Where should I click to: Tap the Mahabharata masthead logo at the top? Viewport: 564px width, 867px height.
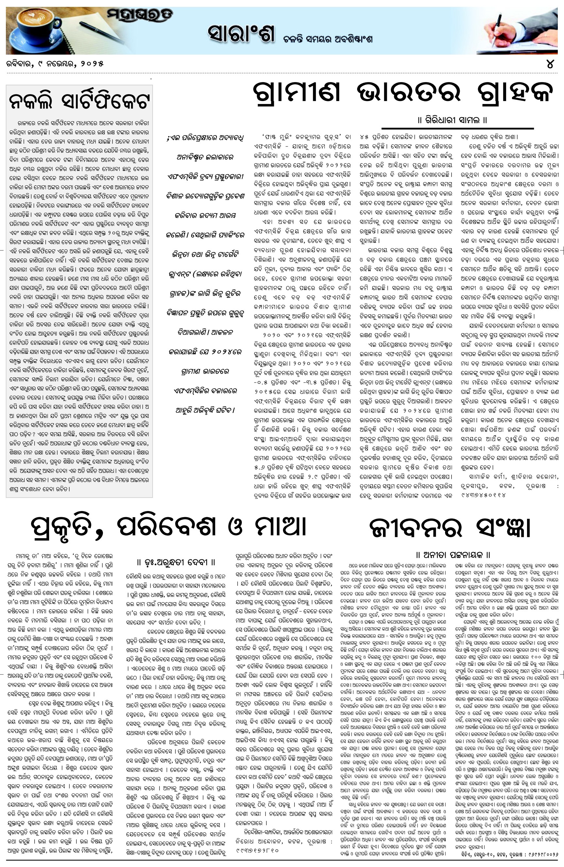coord(140,16)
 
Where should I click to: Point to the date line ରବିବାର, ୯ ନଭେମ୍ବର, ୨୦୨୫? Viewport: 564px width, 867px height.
coord(55,64)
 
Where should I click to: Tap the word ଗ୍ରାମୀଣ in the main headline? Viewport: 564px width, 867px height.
coord(296,92)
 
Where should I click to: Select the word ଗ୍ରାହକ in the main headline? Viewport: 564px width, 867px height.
coord(514,92)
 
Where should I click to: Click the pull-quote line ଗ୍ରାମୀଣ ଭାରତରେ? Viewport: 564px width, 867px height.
coord(205,371)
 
